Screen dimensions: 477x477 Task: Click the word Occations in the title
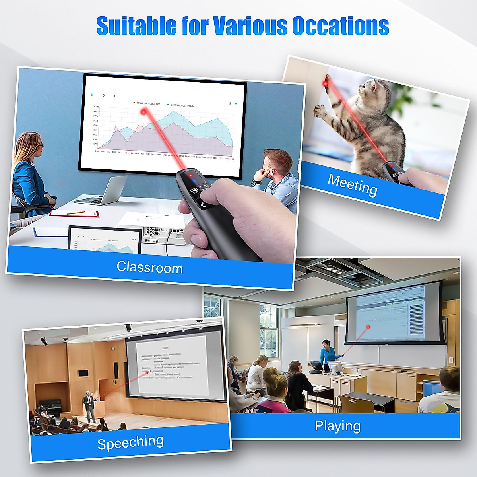click(x=340, y=26)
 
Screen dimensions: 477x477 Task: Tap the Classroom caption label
click(x=149, y=267)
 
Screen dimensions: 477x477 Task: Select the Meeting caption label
click(x=352, y=185)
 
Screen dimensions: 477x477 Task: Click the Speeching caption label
click(x=130, y=442)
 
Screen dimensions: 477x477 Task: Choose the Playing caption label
click(x=337, y=426)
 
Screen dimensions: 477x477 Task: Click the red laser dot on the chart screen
click(x=143, y=112)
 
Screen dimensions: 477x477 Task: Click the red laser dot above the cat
click(x=325, y=83)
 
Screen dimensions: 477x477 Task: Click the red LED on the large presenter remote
click(x=190, y=175)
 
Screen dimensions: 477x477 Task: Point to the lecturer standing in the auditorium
click(x=89, y=405)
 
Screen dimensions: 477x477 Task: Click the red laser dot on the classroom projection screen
click(x=368, y=327)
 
